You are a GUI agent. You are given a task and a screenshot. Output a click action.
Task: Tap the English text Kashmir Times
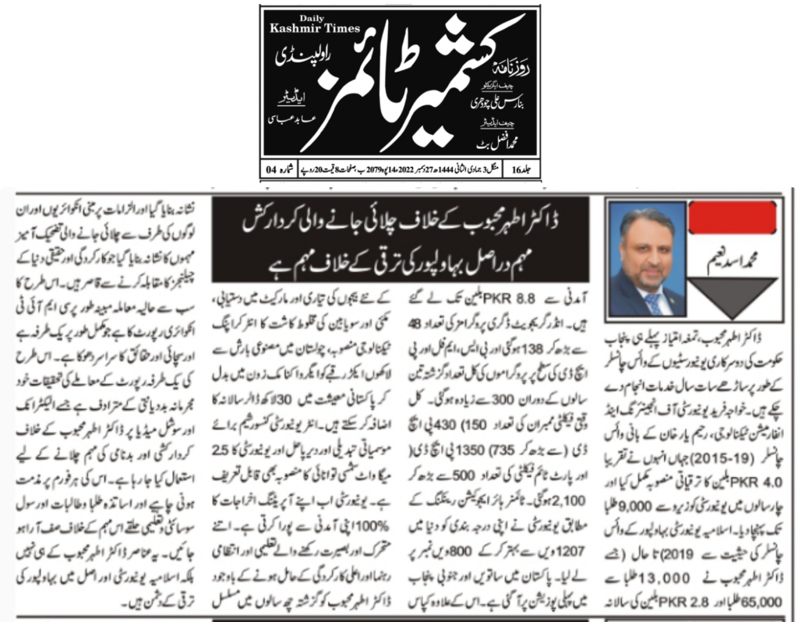314,29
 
